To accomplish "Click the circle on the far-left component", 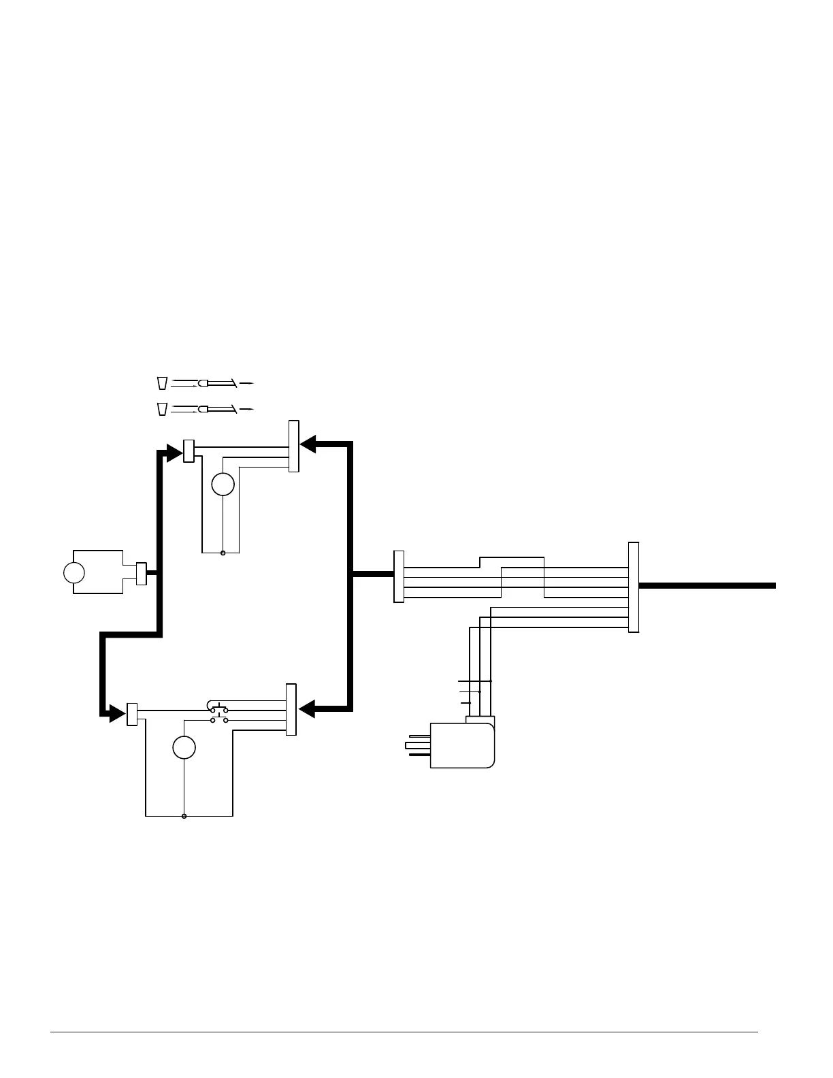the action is pyautogui.click(x=73, y=572).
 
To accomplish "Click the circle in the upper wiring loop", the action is pyautogui.click(x=223, y=484).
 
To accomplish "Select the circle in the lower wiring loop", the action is pyautogui.click(x=184, y=747).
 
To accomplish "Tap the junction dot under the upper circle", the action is pyautogui.click(x=223, y=553).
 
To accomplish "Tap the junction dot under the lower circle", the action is pyautogui.click(x=184, y=815).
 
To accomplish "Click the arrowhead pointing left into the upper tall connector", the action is pyautogui.click(x=308, y=444).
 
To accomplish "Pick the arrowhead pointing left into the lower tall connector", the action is pyautogui.click(x=307, y=708).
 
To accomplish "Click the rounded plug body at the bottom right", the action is pyautogui.click(x=462, y=745).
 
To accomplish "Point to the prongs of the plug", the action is pyautogui.click(x=417, y=745).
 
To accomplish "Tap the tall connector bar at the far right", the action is pyautogui.click(x=634, y=587).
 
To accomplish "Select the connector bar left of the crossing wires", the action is pyautogui.click(x=399, y=576).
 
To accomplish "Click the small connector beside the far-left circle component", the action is pyautogui.click(x=142, y=573).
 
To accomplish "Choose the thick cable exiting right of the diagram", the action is pyautogui.click(x=708, y=585).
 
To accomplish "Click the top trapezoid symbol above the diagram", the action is pyautogui.click(x=162, y=383).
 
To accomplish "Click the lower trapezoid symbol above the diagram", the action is pyautogui.click(x=162, y=409).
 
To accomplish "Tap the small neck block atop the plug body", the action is pyautogui.click(x=479, y=719).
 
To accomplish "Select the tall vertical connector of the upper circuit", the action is pyautogui.click(x=294, y=446).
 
